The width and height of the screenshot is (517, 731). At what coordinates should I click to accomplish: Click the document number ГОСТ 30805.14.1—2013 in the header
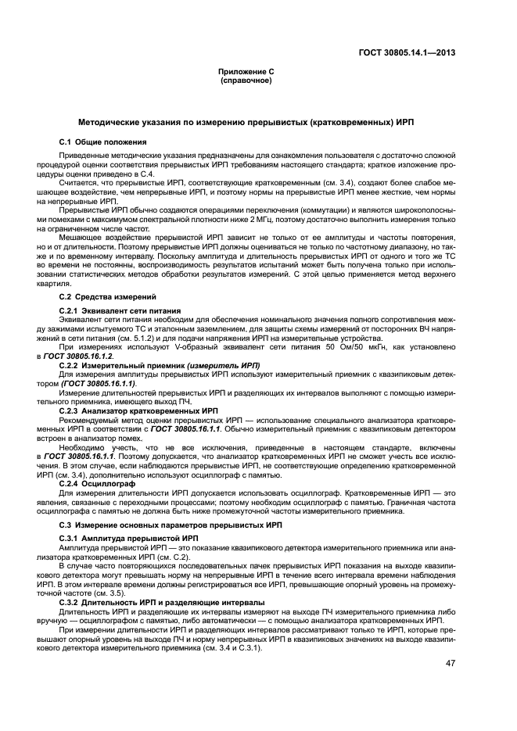click(x=405, y=53)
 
